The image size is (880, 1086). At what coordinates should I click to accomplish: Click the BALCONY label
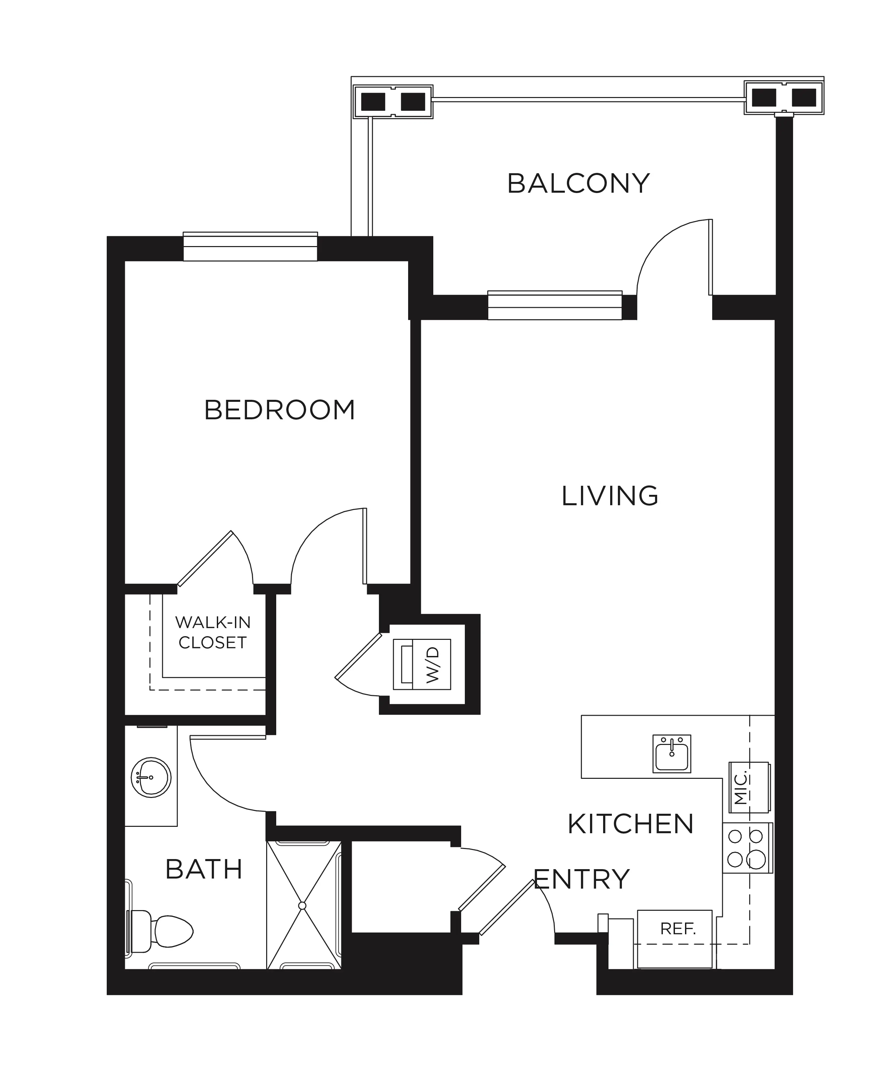[578, 184]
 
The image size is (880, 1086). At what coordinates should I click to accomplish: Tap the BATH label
[204, 869]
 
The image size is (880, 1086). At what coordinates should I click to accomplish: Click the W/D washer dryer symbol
[422, 664]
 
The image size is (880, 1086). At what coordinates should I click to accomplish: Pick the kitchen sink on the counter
[672, 754]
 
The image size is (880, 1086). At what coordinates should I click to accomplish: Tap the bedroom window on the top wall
[250, 247]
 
